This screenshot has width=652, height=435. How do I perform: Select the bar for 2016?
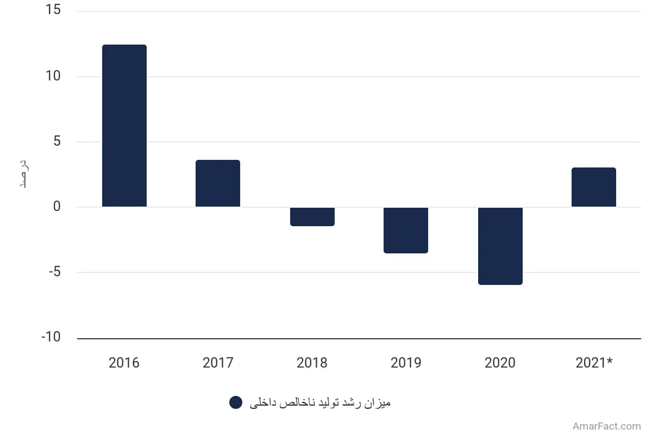click(124, 126)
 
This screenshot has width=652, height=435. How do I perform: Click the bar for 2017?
click(218, 183)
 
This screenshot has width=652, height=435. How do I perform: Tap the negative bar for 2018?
click(312, 217)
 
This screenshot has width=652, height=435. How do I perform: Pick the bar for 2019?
click(406, 231)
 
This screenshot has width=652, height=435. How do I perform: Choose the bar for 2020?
click(500, 246)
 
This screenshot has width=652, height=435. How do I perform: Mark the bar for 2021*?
click(594, 187)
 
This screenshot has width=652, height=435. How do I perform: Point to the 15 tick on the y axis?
click(53, 10)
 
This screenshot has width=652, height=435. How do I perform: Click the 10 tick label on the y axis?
click(53, 76)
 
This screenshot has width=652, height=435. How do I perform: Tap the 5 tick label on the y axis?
click(57, 141)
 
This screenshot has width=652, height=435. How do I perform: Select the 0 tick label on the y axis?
click(57, 207)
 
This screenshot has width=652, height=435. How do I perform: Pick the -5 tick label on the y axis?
click(55, 272)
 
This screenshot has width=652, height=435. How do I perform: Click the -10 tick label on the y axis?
click(51, 337)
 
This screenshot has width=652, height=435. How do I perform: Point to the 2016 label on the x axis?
click(124, 363)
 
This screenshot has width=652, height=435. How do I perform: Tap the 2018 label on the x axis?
click(312, 363)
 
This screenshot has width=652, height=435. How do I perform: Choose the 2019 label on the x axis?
click(406, 363)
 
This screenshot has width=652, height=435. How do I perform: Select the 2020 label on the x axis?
click(500, 363)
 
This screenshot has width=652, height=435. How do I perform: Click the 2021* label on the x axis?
click(594, 363)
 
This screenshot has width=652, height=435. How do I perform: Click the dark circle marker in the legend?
click(236, 402)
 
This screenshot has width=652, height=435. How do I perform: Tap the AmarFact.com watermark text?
click(607, 426)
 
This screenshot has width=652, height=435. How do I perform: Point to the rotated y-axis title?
click(24, 174)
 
